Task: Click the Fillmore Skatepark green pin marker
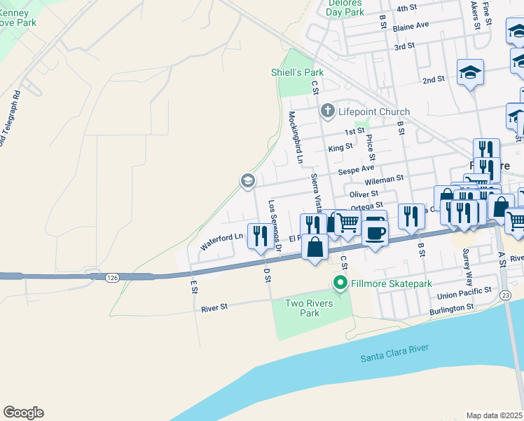click(x=340, y=283)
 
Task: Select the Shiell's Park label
click(x=298, y=72)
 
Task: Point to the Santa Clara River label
click(x=394, y=354)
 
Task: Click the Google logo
click(x=23, y=413)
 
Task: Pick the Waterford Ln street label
click(x=221, y=242)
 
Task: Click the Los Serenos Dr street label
click(x=275, y=226)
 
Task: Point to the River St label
click(x=214, y=307)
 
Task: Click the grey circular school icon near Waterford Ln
click(x=247, y=181)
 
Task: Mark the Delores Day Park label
click(x=345, y=8)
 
